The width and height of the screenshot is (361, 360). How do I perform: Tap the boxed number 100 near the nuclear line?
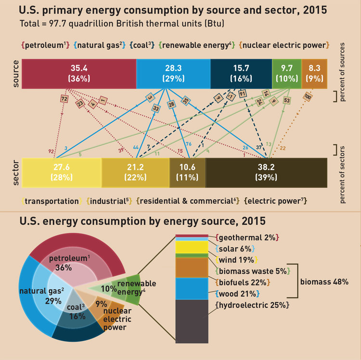click(x=308, y=97)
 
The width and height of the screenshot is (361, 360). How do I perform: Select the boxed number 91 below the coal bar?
click(x=242, y=93)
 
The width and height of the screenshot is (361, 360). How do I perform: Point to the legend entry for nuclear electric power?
click(x=284, y=45)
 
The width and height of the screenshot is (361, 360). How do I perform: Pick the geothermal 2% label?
click(x=247, y=238)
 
